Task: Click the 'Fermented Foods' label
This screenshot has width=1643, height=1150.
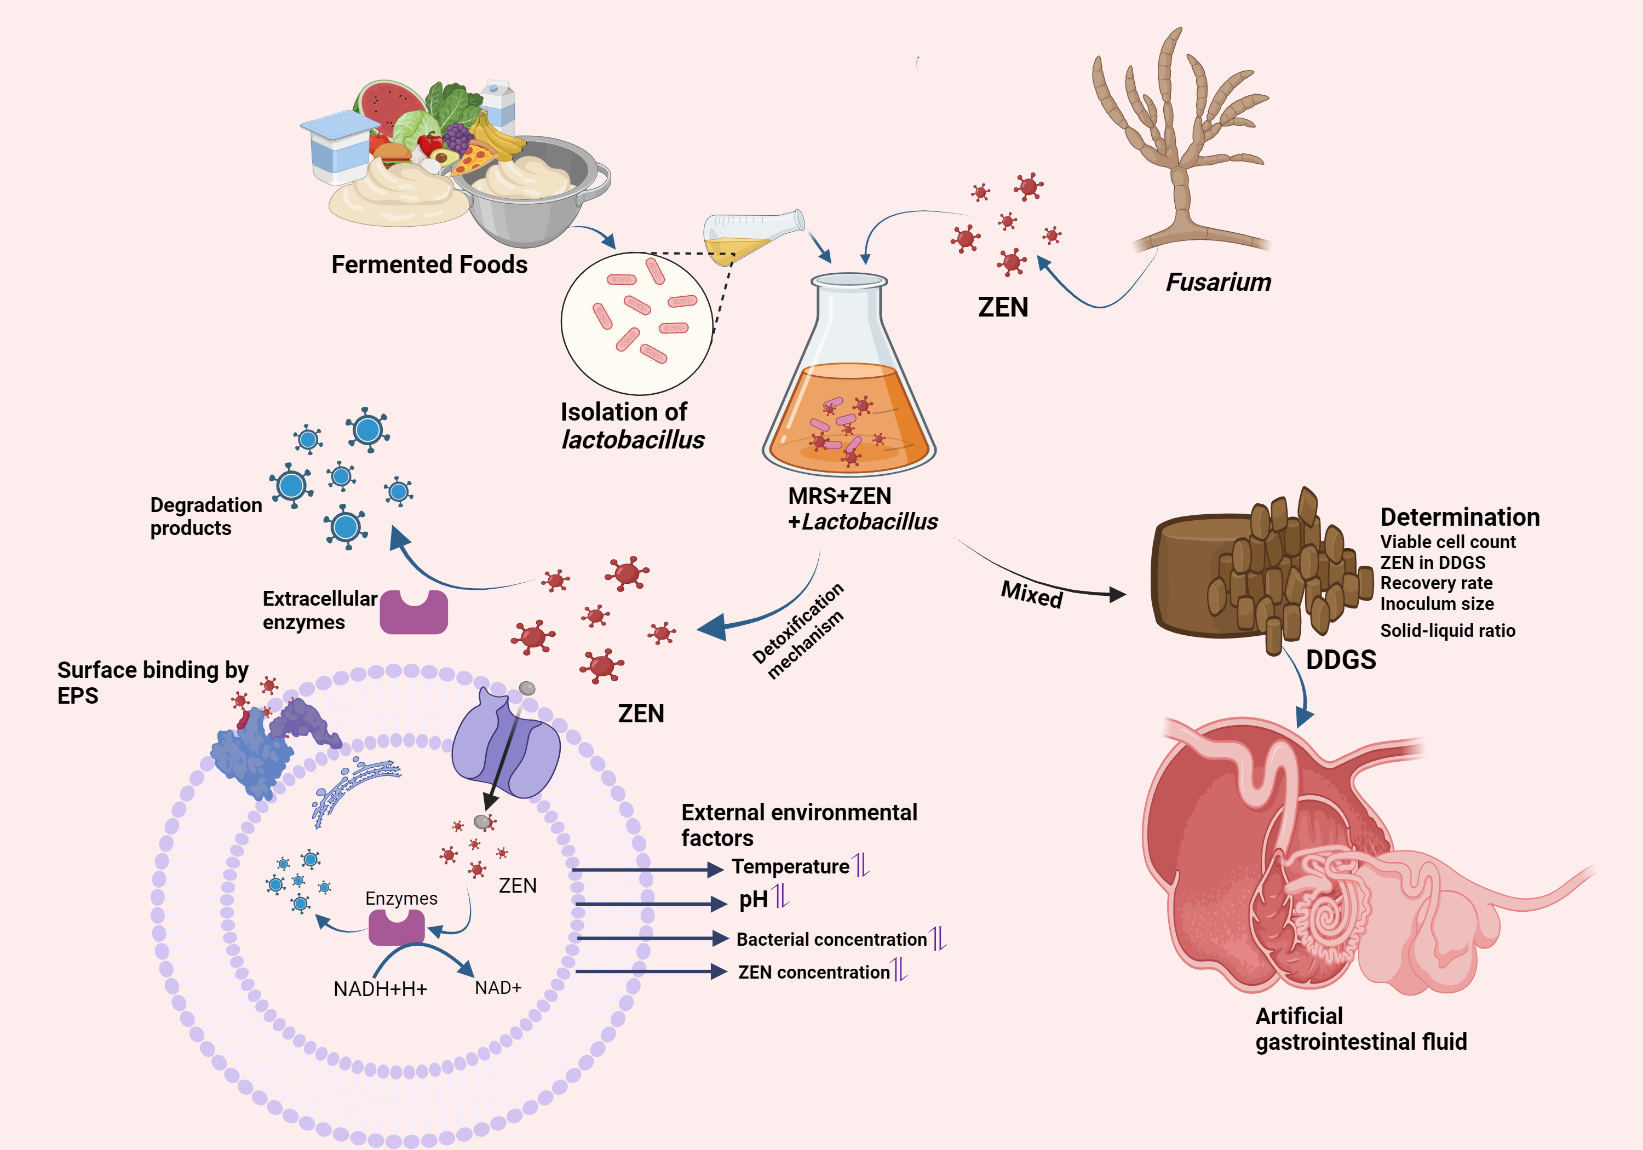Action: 429,265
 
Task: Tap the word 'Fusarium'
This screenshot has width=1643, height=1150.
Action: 1219,282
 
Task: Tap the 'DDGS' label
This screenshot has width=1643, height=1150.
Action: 1340,659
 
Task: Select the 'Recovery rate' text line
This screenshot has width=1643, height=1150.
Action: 1435,583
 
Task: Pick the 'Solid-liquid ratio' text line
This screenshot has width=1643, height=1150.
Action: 1447,630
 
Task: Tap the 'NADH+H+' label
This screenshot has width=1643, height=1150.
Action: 380,989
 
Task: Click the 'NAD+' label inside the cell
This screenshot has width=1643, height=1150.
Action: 498,987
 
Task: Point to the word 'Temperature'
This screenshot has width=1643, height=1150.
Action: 790,867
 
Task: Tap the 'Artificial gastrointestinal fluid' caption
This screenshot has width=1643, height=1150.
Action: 1360,1028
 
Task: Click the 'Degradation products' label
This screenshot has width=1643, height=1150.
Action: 205,516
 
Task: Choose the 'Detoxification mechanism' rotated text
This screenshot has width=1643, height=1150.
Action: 798,630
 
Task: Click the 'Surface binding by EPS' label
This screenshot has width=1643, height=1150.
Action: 152,682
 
